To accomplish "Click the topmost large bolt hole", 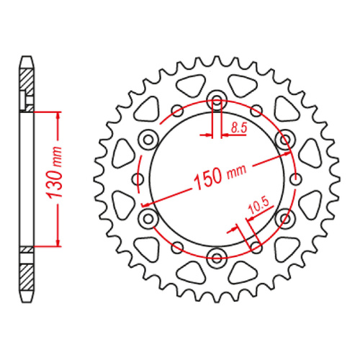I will (217, 99).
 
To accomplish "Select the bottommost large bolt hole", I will (217, 256).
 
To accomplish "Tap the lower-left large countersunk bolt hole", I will (148, 217).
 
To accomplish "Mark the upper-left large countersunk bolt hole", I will (148, 138).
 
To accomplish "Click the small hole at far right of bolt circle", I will (296, 178).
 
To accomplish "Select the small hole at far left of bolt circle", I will (138, 178).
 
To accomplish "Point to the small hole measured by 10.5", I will (256, 247).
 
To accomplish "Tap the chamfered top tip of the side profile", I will (27, 57).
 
